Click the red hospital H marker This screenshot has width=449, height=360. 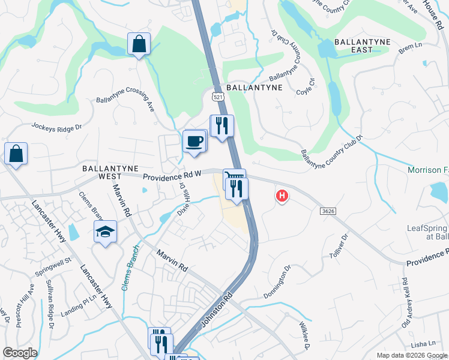281,196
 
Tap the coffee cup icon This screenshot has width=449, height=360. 194,142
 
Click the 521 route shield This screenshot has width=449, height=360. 217,96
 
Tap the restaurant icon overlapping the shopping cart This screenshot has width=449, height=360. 237,189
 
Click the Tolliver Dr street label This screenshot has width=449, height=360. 339,246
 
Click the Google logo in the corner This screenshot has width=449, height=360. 20,353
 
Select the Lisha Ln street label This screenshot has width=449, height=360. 424,344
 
